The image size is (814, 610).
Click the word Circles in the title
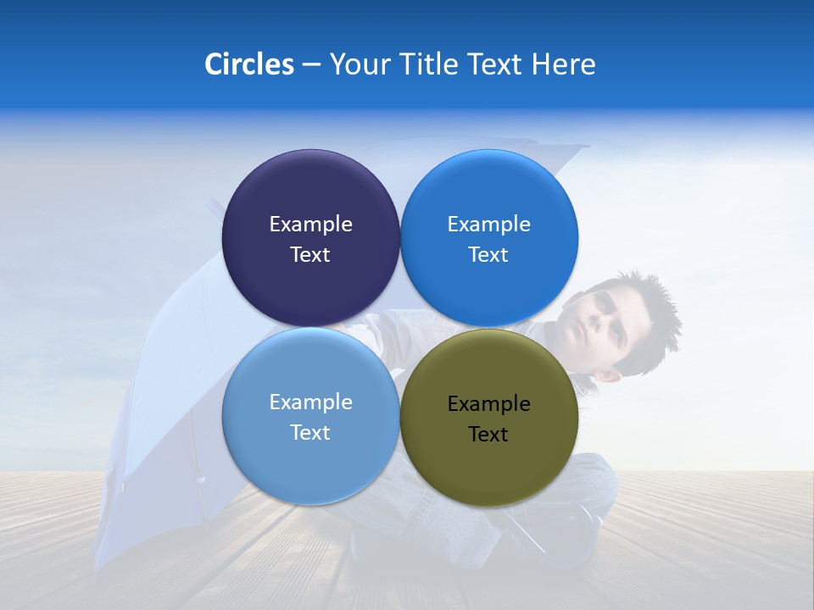[248, 64]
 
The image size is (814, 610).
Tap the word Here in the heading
[564, 64]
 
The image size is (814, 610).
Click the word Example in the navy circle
[310, 225]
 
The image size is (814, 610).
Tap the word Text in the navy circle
[310, 255]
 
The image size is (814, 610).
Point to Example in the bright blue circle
[488, 225]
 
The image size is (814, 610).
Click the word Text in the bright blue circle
[488, 255]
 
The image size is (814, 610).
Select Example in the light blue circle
[310, 402]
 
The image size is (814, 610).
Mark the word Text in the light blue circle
[310, 433]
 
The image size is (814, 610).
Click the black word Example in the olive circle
[488, 404]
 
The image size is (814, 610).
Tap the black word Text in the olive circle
[488, 435]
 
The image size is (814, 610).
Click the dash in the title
[311, 65]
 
